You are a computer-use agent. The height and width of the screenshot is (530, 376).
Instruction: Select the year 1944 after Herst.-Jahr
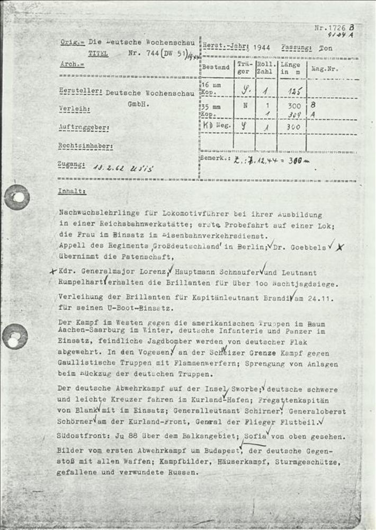pyautogui.click(x=262, y=47)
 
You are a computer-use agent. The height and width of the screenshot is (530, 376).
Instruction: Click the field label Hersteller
pyautogui.click(x=80, y=91)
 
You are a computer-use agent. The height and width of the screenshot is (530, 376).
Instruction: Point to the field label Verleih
pyautogui.click(x=74, y=110)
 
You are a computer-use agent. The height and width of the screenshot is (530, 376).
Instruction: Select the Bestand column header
pyautogui.click(x=216, y=67)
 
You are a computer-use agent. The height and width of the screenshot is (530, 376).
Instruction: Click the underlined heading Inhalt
pyautogui.click(x=73, y=191)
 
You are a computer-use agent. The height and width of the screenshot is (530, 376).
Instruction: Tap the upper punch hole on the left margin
pyautogui.click(x=17, y=197)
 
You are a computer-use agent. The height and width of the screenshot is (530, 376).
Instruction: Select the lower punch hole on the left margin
pyautogui.click(x=15, y=337)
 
